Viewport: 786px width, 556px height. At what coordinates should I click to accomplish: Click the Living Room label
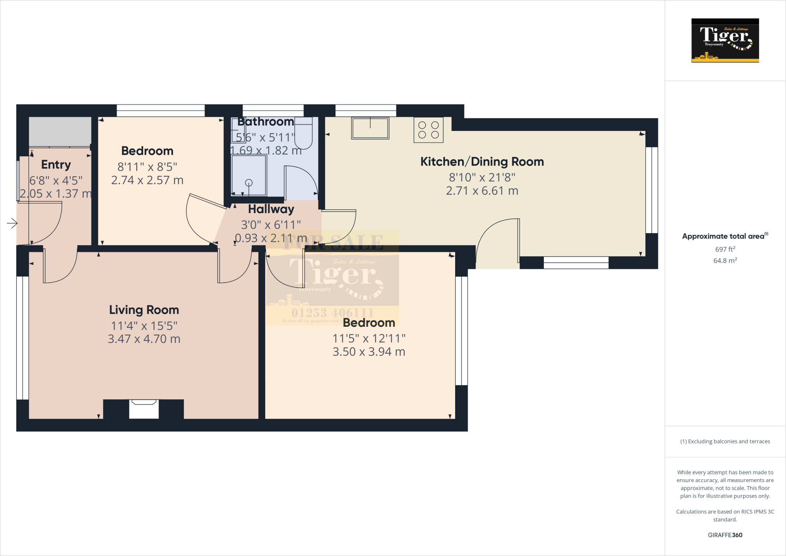(x=144, y=310)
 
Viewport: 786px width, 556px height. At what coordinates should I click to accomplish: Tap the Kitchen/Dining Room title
(x=482, y=162)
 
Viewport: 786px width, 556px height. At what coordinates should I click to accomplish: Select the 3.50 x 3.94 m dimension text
(x=369, y=352)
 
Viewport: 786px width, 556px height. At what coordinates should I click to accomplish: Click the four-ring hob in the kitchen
(x=428, y=130)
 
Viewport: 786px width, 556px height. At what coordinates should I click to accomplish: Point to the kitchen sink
(x=370, y=128)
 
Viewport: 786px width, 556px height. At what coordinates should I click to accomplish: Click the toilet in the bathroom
(x=304, y=133)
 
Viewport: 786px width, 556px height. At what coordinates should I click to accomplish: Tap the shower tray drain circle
(x=249, y=183)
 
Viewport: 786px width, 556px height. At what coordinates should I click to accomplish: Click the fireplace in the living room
(x=144, y=409)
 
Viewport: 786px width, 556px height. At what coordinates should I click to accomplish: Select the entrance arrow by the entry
(x=12, y=223)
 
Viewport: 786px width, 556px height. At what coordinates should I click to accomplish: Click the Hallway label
(x=271, y=209)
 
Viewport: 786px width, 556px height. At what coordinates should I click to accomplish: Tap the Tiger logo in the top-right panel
(x=725, y=40)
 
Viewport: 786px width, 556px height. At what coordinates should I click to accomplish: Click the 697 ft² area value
(x=725, y=249)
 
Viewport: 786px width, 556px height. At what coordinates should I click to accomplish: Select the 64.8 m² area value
(x=725, y=261)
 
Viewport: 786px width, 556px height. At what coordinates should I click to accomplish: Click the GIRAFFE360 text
(x=725, y=535)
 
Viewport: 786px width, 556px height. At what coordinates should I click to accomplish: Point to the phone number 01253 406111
(x=332, y=313)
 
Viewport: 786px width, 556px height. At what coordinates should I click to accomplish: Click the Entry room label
(x=56, y=165)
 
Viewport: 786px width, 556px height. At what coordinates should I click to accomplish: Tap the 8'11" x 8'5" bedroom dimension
(x=147, y=167)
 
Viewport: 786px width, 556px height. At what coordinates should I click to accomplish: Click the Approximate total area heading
(x=723, y=237)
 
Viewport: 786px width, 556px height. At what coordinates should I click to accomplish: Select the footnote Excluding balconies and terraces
(x=725, y=442)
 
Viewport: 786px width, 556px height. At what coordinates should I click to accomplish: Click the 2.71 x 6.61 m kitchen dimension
(x=482, y=191)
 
